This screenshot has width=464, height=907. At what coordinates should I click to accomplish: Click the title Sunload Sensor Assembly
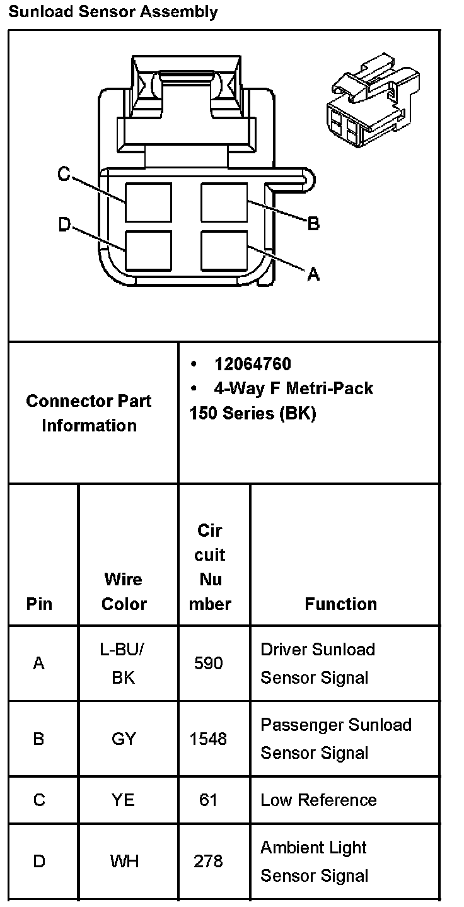113,11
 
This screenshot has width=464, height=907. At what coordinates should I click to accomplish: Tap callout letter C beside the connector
64,174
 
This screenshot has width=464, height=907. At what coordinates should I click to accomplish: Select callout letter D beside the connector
64,225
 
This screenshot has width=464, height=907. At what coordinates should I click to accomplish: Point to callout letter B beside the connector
313,223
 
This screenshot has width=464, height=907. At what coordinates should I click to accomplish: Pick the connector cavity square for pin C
148,202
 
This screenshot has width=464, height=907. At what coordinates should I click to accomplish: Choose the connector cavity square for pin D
148,251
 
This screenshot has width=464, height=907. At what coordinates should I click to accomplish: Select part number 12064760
252,364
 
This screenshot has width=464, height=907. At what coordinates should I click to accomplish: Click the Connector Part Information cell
89,413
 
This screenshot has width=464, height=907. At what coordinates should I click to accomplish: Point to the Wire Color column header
124,591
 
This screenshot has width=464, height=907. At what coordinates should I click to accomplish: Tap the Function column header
340,604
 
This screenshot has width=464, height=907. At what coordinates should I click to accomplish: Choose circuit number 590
209,663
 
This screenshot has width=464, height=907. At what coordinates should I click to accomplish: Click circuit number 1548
209,738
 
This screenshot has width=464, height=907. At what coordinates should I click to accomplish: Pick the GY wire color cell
124,738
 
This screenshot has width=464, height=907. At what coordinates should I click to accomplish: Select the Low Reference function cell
318,800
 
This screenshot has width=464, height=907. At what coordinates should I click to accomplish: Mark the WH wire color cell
124,861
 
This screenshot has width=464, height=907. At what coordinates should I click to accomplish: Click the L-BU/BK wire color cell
124,663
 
